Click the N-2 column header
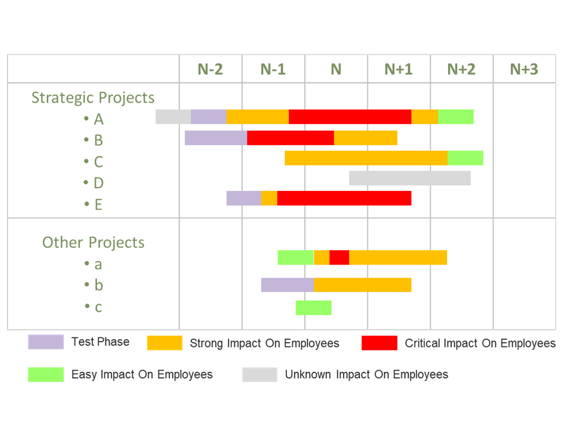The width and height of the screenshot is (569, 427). click(210, 69)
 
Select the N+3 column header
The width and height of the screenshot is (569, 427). click(524, 69)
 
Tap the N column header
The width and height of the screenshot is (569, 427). click(336, 69)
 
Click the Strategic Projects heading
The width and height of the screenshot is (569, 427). click(93, 97)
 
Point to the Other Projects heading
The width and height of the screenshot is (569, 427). click(93, 242)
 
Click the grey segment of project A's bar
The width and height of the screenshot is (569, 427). click(173, 117)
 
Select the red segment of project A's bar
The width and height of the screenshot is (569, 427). click(350, 117)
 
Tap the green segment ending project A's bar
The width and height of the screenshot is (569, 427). click(456, 117)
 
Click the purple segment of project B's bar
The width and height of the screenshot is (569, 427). click(216, 138)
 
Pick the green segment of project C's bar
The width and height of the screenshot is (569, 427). click(465, 158)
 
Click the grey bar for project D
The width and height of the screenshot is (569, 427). click(410, 178)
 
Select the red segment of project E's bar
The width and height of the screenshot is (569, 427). click(344, 198)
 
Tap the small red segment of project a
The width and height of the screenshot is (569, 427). click(339, 257)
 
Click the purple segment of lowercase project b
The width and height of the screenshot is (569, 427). click(287, 285)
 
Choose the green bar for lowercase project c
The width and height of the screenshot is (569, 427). click(314, 308)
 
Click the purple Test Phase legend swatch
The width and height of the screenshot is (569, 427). click(46, 342)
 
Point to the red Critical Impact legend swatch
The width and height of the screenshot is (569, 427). click(379, 343)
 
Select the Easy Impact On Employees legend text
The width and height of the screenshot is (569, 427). click(142, 374)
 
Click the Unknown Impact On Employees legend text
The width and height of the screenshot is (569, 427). click(366, 374)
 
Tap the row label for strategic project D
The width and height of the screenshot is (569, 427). click(98, 183)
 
